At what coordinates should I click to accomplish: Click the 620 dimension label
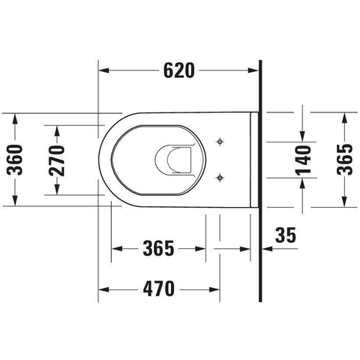tap(178, 70)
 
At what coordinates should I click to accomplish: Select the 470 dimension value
tap(159, 289)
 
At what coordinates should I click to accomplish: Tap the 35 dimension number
tap(286, 235)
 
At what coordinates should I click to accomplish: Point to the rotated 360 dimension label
tap(15, 160)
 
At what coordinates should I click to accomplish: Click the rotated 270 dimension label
tap(57, 160)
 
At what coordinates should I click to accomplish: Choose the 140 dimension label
tap(303, 160)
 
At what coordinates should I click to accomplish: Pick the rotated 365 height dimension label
tap(345, 160)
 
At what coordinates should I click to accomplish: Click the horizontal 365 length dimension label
tap(158, 248)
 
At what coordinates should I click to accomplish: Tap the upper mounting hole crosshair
tap(220, 142)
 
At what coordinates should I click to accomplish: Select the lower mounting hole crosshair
tap(220, 178)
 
